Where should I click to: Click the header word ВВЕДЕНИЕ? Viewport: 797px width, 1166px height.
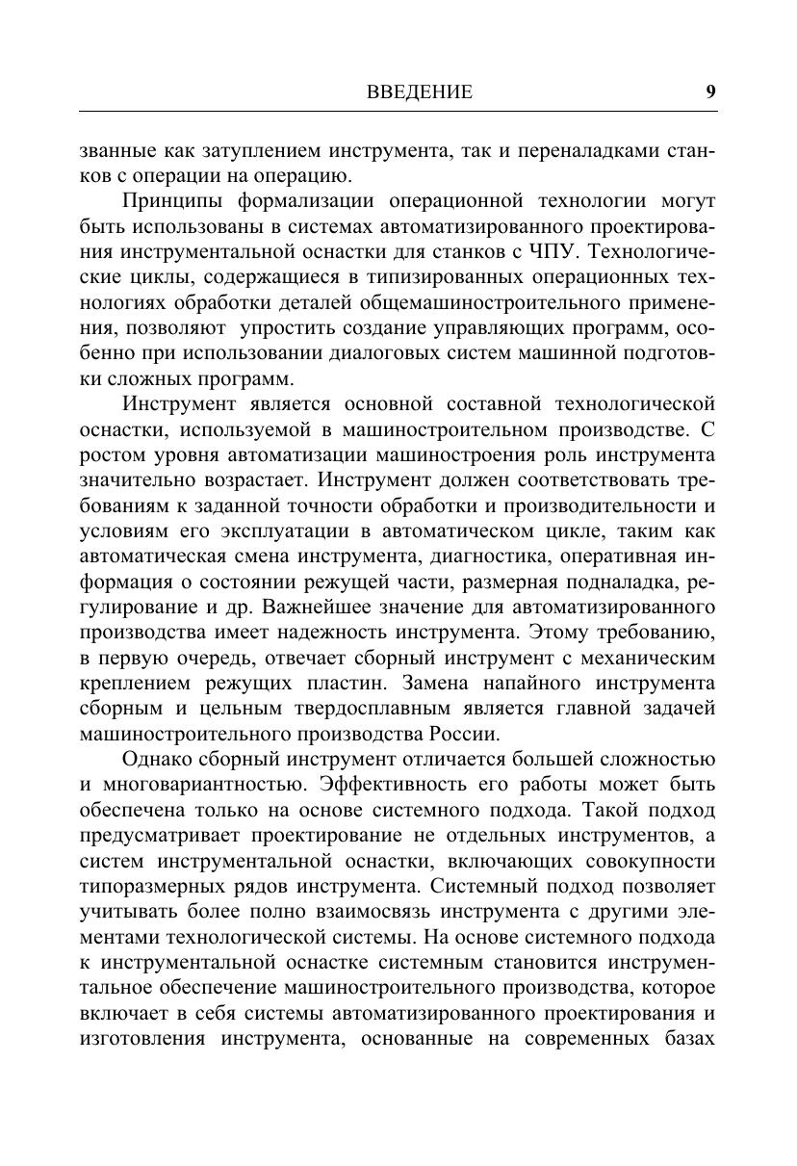[x=420, y=92]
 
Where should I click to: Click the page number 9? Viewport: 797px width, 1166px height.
[x=710, y=92]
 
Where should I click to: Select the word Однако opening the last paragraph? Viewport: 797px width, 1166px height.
[x=159, y=760]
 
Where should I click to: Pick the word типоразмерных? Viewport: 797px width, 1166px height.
[x=146, y=886]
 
